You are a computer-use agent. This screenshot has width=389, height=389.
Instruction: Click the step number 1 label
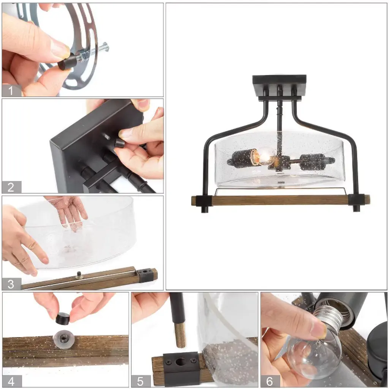point(11,90)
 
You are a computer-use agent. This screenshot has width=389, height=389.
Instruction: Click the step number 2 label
point(11,187)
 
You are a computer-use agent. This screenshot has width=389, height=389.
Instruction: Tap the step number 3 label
point(11,284)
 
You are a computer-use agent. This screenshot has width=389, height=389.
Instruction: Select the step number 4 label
point(11,381)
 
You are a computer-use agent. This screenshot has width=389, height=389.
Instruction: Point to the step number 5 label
point(140,381)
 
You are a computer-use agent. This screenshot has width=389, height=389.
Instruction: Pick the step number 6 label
point(269,381)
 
